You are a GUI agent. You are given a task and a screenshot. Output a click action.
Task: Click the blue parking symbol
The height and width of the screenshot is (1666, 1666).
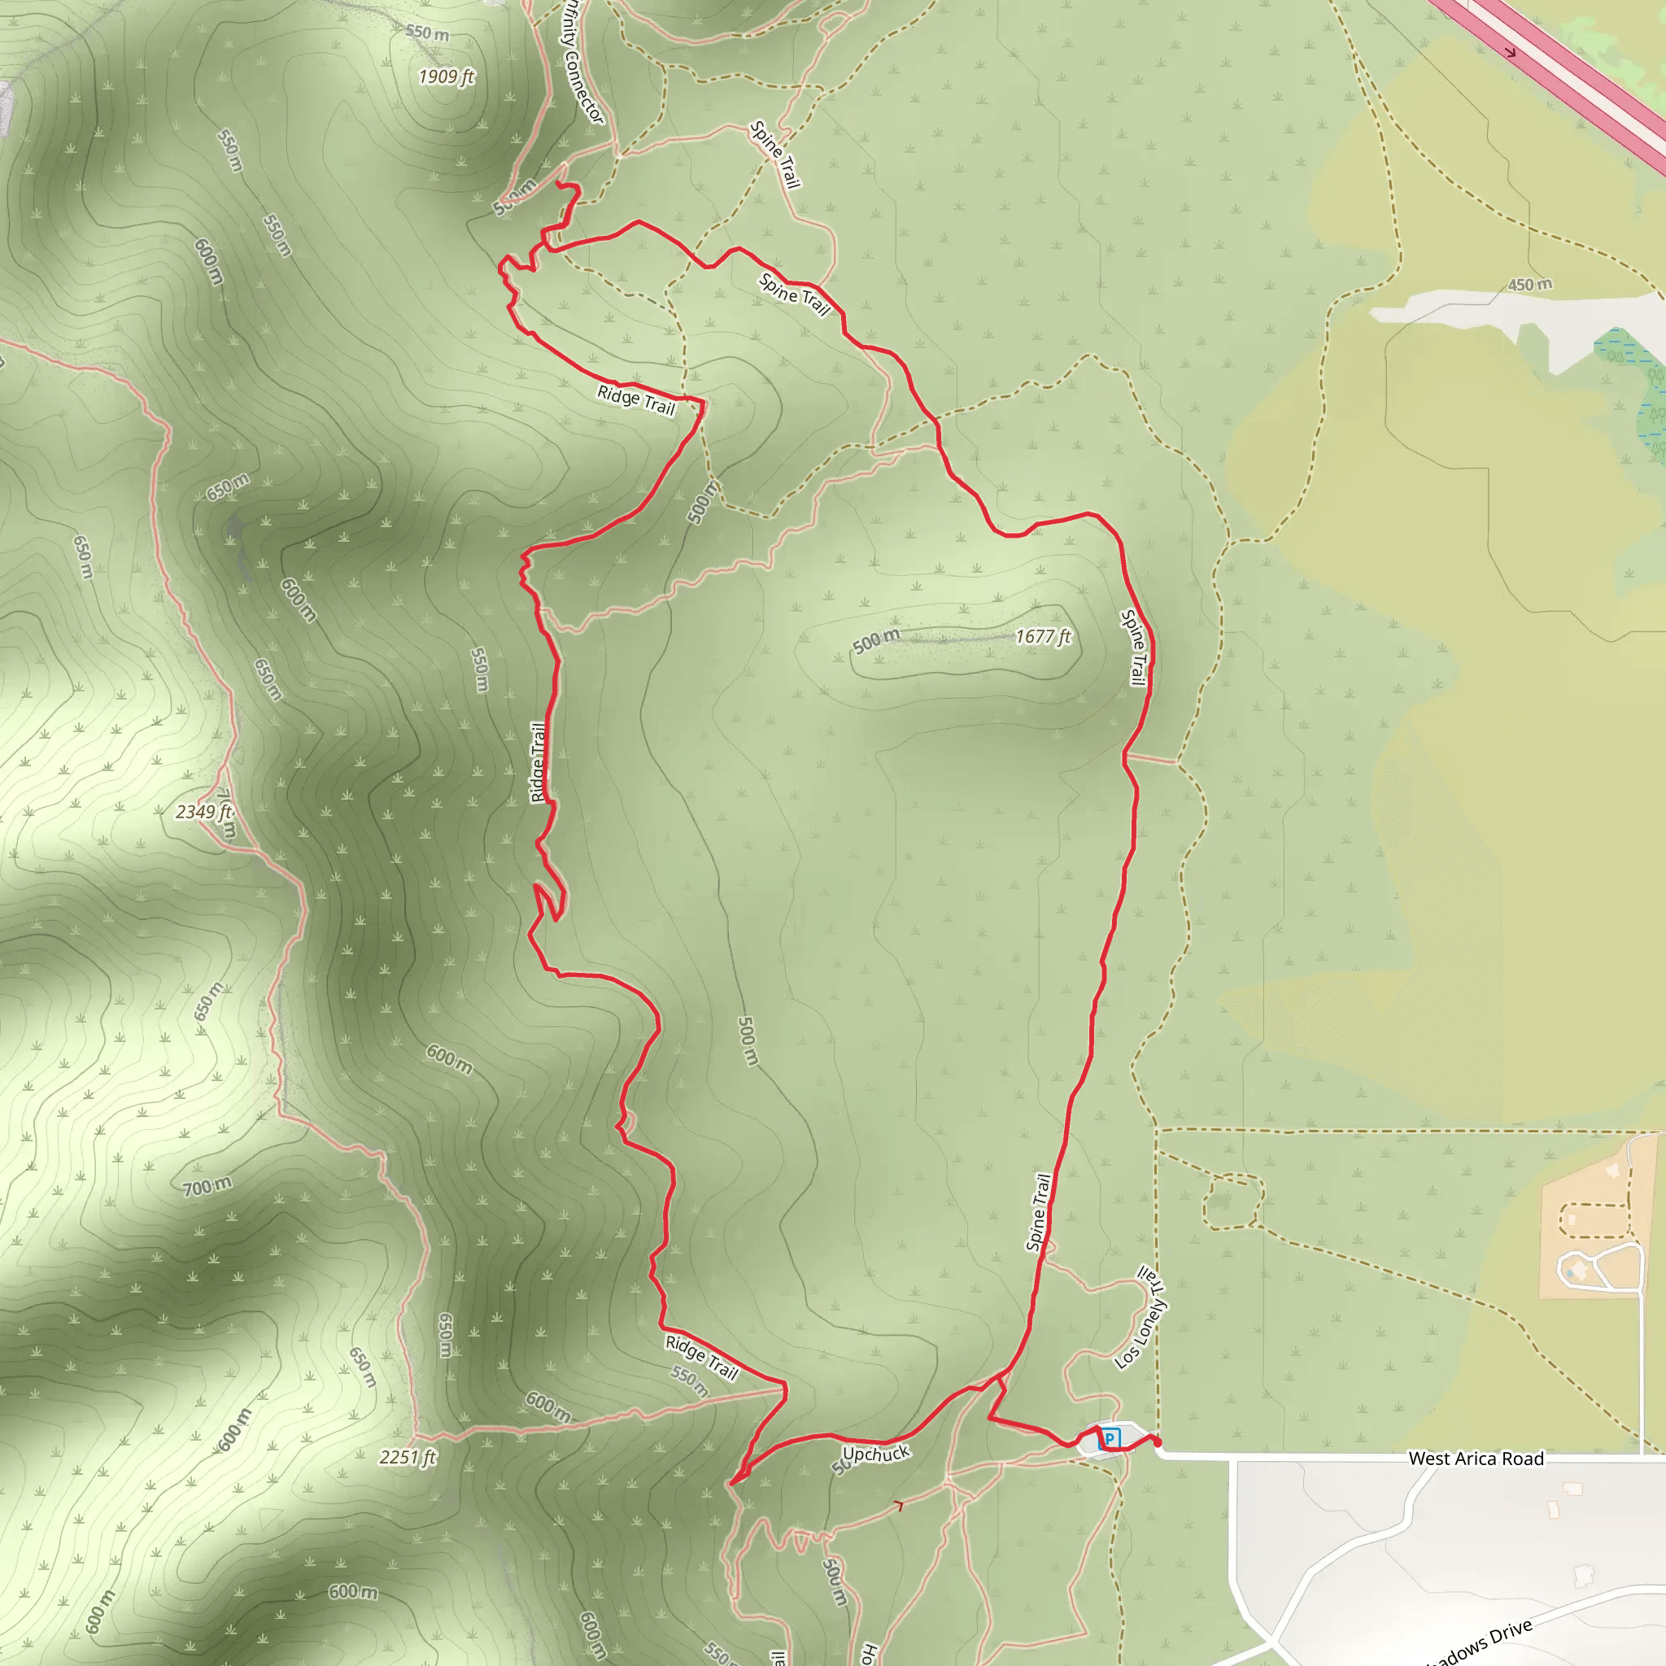[x=1110, y=1438]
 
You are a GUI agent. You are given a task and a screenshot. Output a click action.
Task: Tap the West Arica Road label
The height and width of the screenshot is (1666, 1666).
[x=1476, y=1459]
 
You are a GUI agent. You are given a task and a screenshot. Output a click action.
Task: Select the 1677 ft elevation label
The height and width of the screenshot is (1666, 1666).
[x=1043, y=636]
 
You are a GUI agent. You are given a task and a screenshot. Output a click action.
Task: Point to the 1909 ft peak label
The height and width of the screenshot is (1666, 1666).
[x=446, y=76]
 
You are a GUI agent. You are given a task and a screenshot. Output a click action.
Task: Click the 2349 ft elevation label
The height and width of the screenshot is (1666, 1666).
[x=203, y=811]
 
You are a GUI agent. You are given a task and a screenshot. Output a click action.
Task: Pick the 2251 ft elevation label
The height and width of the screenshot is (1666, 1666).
[x=408, y=1457]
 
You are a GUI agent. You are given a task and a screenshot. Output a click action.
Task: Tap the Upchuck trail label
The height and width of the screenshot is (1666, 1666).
[x=876, y=1454]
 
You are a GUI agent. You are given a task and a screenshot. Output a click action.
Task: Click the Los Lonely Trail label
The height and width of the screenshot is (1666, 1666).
[x=1140, y=1318]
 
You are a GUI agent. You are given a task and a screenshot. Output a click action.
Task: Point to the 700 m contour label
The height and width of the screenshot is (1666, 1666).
[x=207, y=1188]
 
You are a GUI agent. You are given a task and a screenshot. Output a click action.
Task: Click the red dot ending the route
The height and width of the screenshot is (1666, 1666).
[x=1158, y=1441]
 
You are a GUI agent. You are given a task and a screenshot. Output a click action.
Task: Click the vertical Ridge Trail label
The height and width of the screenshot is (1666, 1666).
[x=538, y=762]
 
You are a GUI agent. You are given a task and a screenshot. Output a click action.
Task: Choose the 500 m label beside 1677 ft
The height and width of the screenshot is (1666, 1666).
[x=876, y=641]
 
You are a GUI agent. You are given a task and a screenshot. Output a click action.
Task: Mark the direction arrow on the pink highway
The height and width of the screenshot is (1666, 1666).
[x=1510, y=52]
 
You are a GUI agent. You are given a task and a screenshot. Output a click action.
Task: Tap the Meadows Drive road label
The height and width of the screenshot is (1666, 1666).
[x=1479, y=1642]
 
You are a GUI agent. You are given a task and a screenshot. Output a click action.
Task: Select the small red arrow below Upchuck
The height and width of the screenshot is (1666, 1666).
[x=899, y=1506]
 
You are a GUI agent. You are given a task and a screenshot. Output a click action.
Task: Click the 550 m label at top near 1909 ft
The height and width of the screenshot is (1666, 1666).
[x=428, y=33]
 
